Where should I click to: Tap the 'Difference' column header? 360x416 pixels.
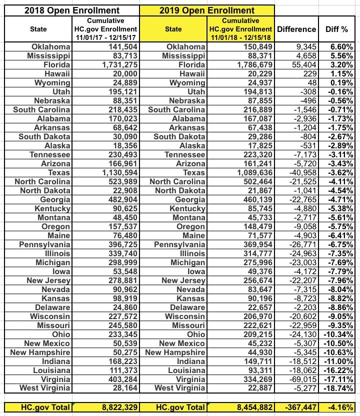tap(296, 29)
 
